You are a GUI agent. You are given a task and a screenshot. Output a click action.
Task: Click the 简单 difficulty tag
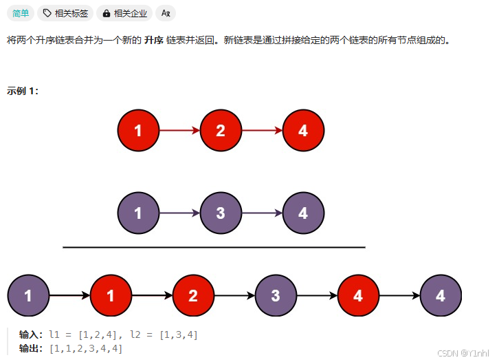21,13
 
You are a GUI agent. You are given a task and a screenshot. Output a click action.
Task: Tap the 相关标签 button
65,13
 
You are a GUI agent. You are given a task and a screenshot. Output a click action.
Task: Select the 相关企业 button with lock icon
124,13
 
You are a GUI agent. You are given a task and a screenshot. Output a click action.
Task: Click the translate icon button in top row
166,13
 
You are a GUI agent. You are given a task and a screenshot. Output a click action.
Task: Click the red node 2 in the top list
221,130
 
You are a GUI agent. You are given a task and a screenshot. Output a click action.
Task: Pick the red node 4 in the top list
303,130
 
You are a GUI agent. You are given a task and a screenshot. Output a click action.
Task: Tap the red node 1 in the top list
138,130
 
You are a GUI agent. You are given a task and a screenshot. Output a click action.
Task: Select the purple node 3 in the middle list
221,213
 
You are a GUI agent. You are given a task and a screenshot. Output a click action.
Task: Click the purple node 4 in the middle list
303,213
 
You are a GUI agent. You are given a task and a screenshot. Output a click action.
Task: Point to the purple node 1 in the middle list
138,213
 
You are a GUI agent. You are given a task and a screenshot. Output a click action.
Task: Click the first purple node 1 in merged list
28,296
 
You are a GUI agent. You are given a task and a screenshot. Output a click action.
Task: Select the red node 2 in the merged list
193,296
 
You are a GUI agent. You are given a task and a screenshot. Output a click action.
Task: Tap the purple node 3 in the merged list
276,296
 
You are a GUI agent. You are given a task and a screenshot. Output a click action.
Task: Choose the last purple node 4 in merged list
441,296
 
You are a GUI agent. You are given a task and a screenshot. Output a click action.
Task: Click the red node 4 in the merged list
358,296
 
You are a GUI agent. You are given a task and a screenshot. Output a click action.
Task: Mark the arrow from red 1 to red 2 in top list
179,130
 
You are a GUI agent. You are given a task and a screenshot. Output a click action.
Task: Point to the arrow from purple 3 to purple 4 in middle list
262,213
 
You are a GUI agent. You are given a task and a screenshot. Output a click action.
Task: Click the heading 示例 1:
23,91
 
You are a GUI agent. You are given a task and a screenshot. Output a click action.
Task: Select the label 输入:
32,334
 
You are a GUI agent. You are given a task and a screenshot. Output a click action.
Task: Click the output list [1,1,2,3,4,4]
86,348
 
